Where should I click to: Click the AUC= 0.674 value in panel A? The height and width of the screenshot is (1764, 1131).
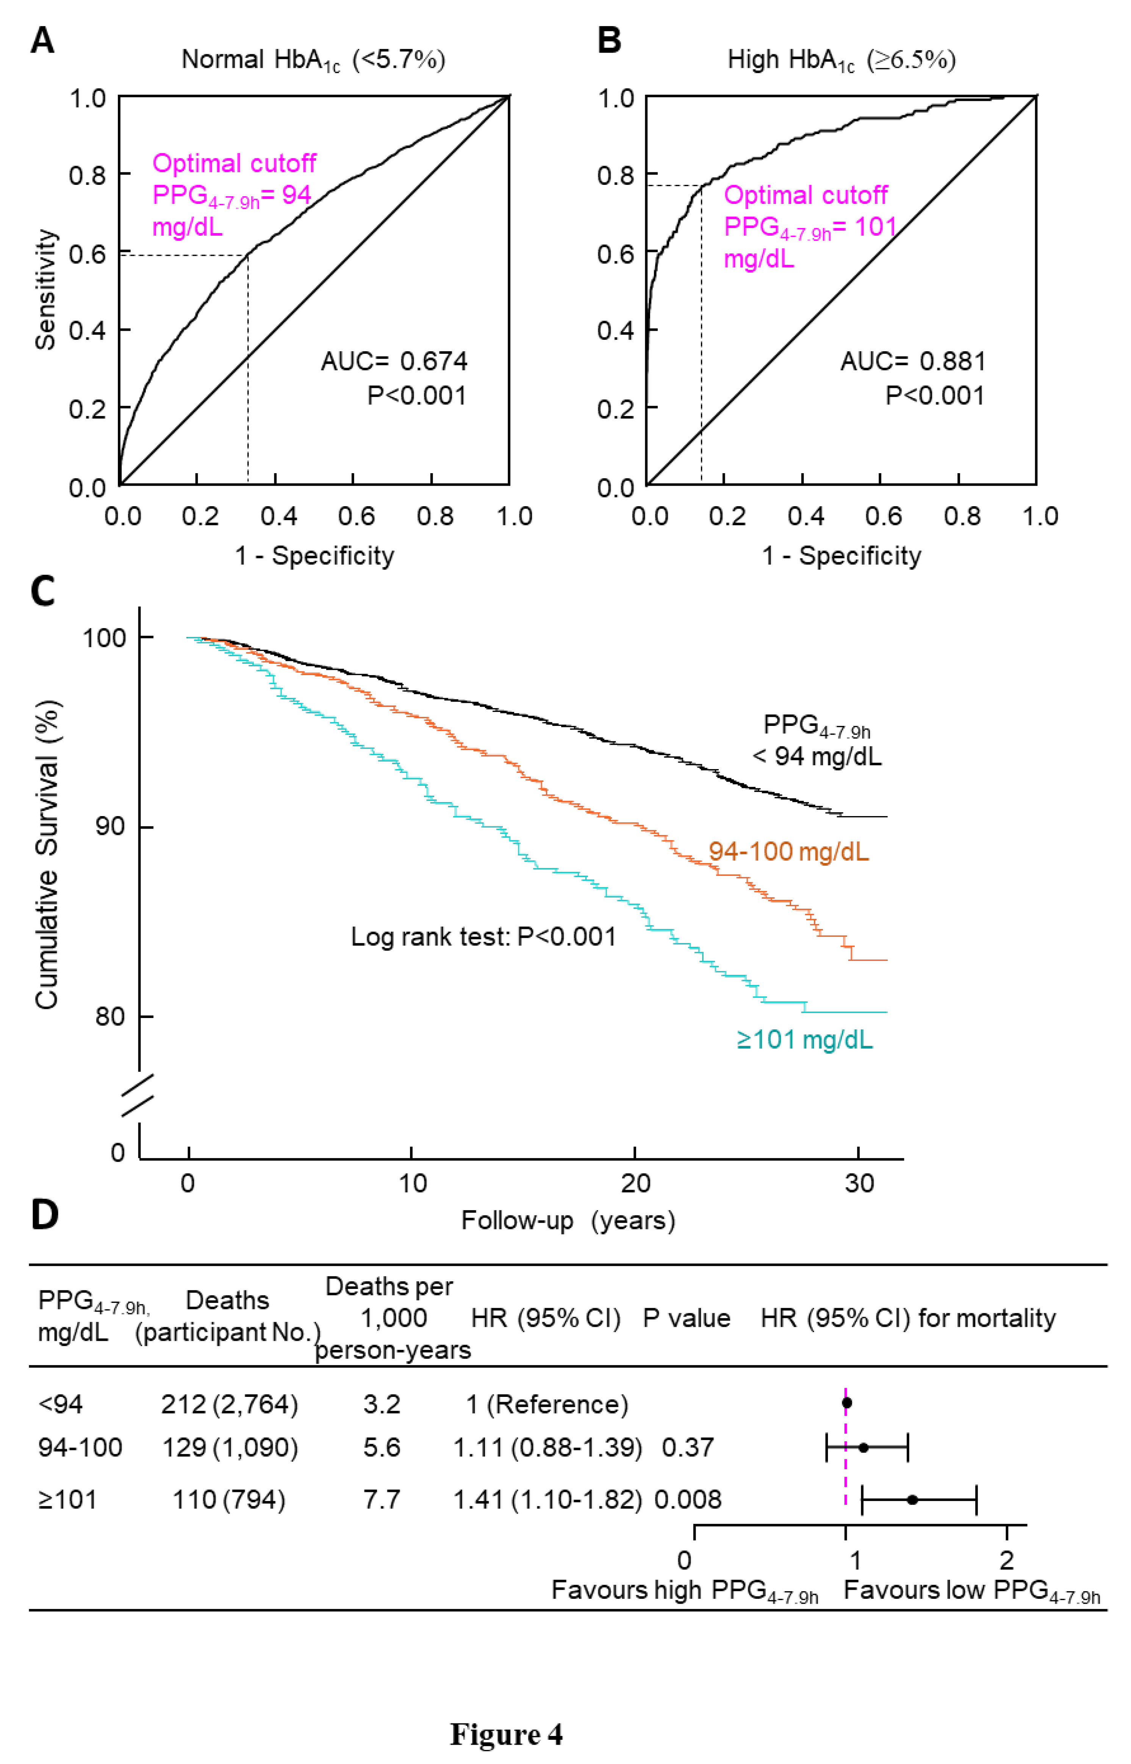(394, 361)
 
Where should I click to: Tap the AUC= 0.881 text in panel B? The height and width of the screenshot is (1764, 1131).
(913, 361)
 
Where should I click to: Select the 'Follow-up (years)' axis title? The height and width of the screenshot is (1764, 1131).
(568, 1221)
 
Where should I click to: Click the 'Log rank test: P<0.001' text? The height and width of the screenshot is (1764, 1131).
(483, 936)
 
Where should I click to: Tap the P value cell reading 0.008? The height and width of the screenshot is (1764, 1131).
(688, 1499)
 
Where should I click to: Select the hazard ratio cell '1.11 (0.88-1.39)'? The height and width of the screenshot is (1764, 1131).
(547, 1448)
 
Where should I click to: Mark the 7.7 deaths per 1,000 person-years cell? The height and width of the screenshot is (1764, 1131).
(382, 1499)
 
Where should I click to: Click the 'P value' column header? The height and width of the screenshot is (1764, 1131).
(687, 1318)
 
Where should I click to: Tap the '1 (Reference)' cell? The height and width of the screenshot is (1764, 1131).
(547, 1404)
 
